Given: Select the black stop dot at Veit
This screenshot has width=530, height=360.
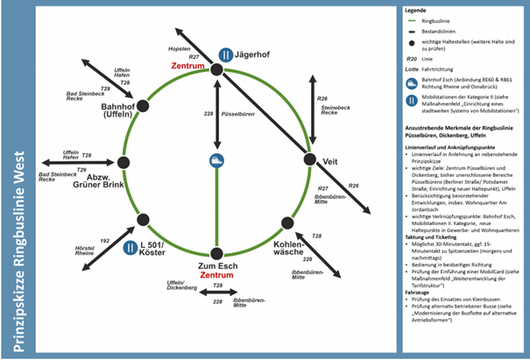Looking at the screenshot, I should tap(309, 159).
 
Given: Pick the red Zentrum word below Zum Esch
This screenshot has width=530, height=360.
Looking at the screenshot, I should tap(216, 275).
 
